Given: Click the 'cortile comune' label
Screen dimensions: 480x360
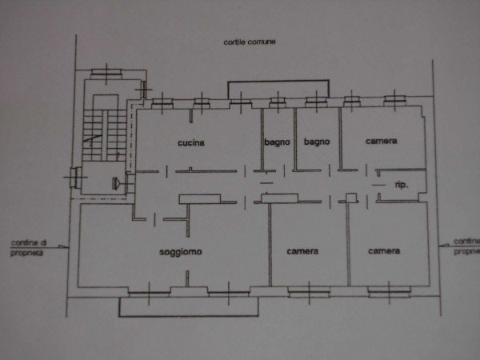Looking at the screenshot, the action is pyautogui.click(x=250, y=42).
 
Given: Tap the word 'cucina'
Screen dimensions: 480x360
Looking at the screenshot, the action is pyautogui.click(x=191, y=143).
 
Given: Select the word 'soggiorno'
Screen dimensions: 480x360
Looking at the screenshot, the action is pyautogui.click(x=181, y=252).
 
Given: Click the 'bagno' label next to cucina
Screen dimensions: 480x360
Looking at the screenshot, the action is pyautogui.click(x=277, y=142).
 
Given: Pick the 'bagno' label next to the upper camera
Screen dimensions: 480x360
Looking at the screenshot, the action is pyautogui.click(x=317, y=142).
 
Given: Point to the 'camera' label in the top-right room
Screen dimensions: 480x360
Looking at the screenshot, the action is pyautogui.click(x=381, y=141).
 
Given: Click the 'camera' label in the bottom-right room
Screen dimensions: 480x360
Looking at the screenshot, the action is pyautogui.click(x=384, y=251).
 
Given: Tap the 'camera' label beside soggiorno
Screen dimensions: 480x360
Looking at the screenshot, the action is pyautogui.click(x=302, y=251).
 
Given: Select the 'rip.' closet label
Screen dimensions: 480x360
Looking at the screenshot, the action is pyautogui.click(x=401, y=185).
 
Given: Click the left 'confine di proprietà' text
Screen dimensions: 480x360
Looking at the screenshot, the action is pyautogui.click(x=28, y=248).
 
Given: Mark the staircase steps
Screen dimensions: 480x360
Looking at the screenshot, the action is pyautogui.click(x=104, y=135).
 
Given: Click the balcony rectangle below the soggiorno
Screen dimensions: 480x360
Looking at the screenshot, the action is pyautogui.click(x=188, y=306).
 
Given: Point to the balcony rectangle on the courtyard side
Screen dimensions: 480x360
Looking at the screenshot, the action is pyautogui.click(x=278, y=90).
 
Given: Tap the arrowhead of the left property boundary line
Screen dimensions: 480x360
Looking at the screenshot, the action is pyautogui.click(x=63, y=246).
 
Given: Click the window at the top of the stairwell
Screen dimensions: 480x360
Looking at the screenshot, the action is pyautogui.click(x=106, y=74).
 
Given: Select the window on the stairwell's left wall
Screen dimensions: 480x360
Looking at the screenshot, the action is pyautogui.click(x=75, y=177).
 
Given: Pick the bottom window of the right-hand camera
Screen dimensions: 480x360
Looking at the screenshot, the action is pyautogui.click(x=389, y=292).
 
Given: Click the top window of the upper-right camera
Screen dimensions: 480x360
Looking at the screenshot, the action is pyautogui.click(x=394, y=100).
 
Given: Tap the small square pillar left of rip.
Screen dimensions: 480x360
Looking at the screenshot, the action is pyautogui.click(x=351, y=198).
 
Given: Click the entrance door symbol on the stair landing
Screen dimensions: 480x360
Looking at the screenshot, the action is pyautogui.click(x=116, y=183).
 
